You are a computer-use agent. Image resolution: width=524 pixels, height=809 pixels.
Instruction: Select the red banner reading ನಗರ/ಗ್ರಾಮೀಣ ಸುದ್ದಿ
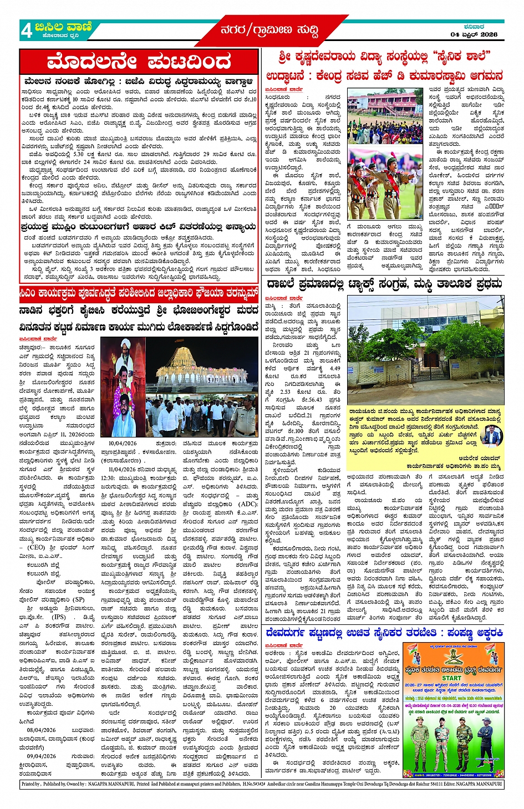[269, 30]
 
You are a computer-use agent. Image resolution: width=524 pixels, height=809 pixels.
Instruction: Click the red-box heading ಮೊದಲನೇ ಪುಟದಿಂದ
[139, 62]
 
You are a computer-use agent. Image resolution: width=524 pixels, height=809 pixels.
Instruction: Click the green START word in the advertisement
[451, 678]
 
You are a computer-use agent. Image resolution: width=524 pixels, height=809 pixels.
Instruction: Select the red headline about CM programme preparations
[139, 292]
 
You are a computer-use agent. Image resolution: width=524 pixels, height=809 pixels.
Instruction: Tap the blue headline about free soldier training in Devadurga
[384, 633]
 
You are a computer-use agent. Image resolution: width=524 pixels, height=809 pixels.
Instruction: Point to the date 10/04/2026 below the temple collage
[122, 443]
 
